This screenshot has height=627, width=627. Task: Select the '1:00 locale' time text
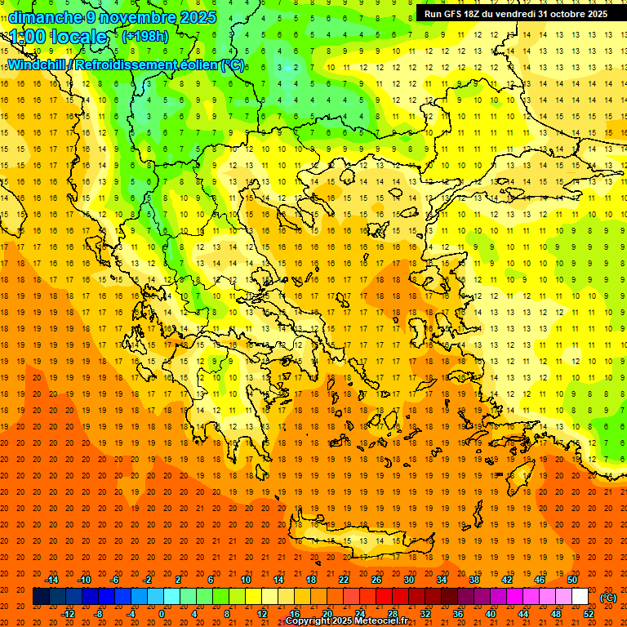click(59, 37)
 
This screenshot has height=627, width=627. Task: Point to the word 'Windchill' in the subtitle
click(38, 64)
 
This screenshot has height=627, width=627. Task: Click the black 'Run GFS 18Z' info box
click(515, 14)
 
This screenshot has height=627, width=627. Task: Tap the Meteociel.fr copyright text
click(346, 620)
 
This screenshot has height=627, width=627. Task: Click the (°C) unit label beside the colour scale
click(608, 597)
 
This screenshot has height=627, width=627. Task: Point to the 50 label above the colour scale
click(572, 580)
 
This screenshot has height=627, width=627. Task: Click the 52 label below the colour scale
click(589, 613)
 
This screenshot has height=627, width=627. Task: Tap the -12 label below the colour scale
click(69, 613)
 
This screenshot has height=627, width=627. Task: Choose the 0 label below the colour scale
click(162, 613)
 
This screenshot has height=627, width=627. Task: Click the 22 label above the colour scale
click(344, 580)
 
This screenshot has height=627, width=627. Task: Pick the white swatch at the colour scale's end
click(580, 597)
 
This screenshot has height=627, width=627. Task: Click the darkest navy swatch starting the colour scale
click(41, 597)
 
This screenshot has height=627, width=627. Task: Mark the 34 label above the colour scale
click(442, 580)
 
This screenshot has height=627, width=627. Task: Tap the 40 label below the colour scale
click(491, 613)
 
